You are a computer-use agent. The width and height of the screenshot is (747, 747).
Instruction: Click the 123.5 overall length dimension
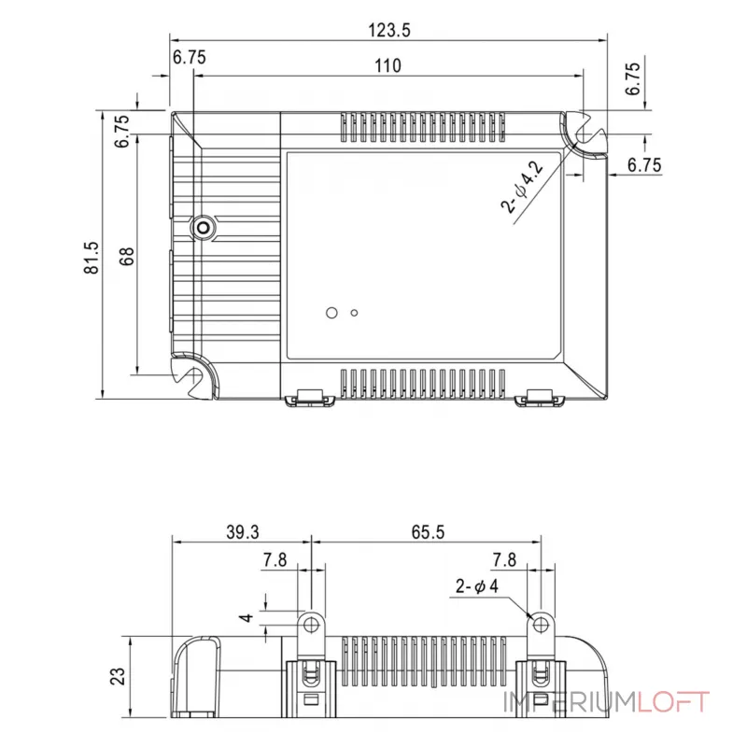(388, 31)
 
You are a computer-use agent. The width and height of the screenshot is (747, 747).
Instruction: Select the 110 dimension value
(388, 65)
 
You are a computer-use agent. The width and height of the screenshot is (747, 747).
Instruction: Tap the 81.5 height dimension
(92, 258)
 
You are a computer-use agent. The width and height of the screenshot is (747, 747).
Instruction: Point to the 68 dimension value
(127, 256)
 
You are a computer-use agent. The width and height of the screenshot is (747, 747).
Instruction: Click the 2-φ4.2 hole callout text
(522, 186)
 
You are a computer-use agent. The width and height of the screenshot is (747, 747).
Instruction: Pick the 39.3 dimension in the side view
(243, 532)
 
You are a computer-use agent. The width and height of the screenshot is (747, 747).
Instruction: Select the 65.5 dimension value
(428, 532)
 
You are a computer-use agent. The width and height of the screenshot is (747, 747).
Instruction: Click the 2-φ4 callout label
(477, 586)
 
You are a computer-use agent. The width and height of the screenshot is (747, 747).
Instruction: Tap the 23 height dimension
(118, 676)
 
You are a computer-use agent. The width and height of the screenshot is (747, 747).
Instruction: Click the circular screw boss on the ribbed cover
(203, 228)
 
